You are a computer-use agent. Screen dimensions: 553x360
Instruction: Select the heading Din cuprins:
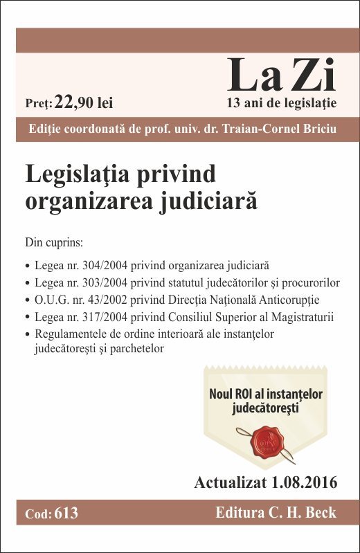[53, 243]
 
